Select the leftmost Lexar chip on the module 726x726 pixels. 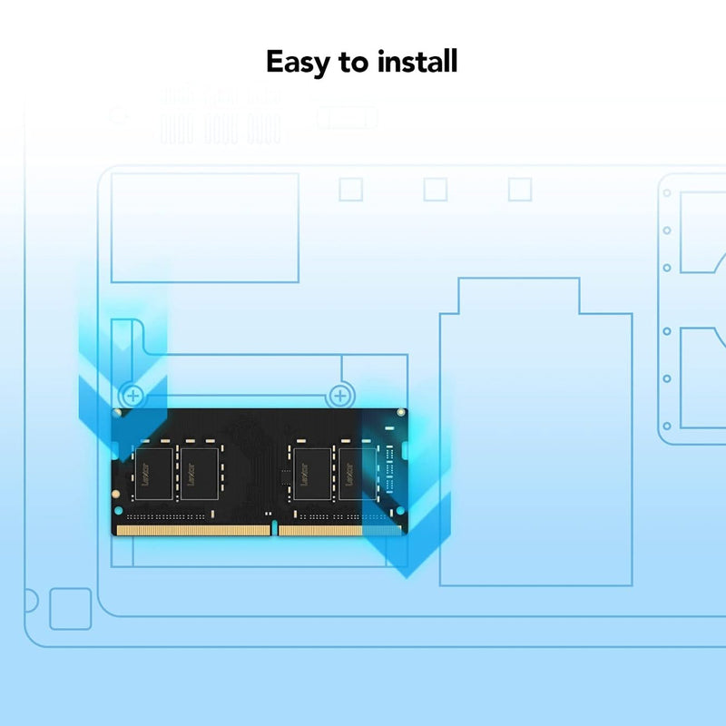153,472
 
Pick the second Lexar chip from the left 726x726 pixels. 201,472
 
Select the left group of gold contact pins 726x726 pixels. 193,530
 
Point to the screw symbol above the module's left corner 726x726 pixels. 132,396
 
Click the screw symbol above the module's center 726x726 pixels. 340,396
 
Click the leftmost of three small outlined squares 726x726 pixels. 350,189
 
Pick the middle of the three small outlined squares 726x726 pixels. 436,189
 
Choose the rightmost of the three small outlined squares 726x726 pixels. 519,189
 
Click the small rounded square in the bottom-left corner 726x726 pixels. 70,609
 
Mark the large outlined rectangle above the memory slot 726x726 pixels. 205,228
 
